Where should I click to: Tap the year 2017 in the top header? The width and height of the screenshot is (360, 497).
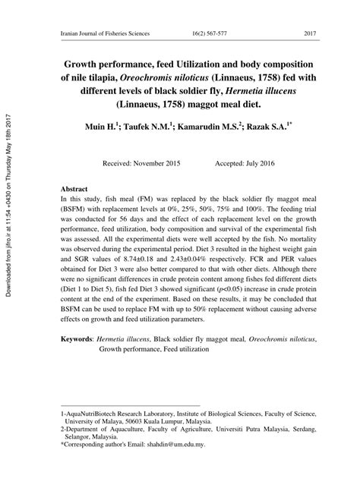(309, 34)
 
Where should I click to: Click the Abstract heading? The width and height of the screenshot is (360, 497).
(74, 188)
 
